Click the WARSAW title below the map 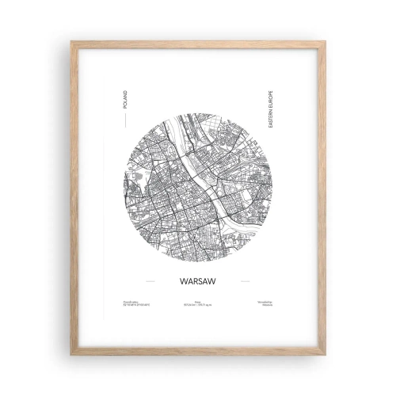coord(194,280)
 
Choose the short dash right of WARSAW coord(245,280)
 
